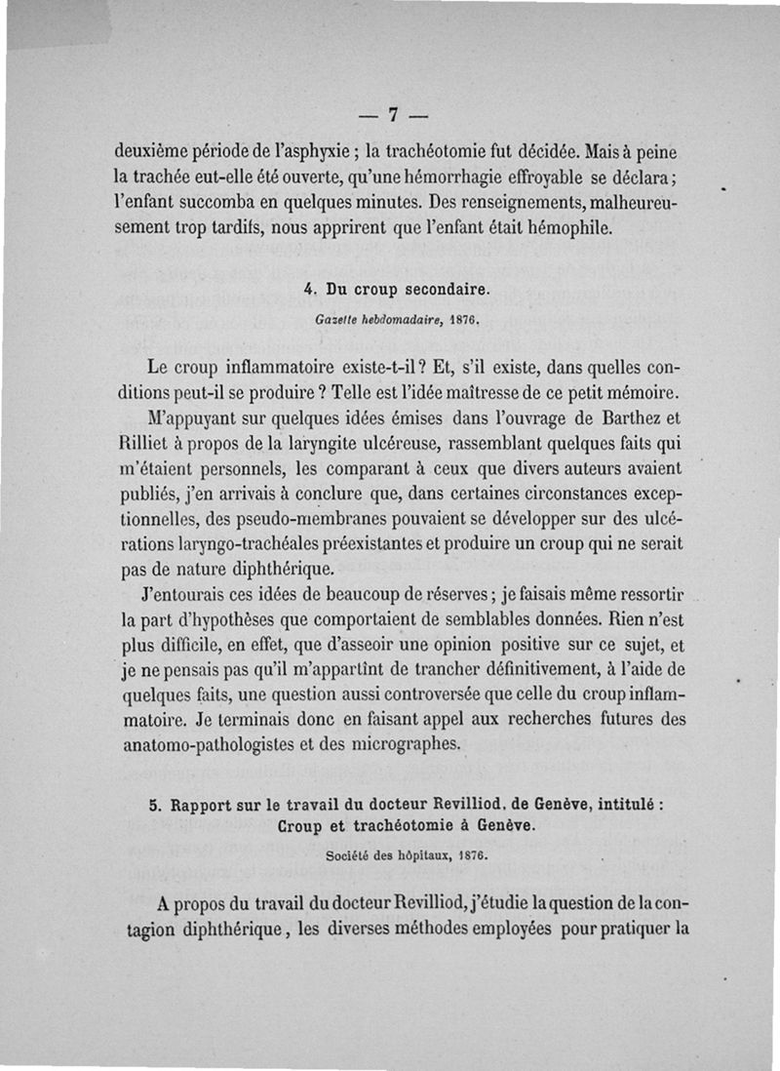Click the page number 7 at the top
[393, 115]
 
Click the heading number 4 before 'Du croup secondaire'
[308, 290]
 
